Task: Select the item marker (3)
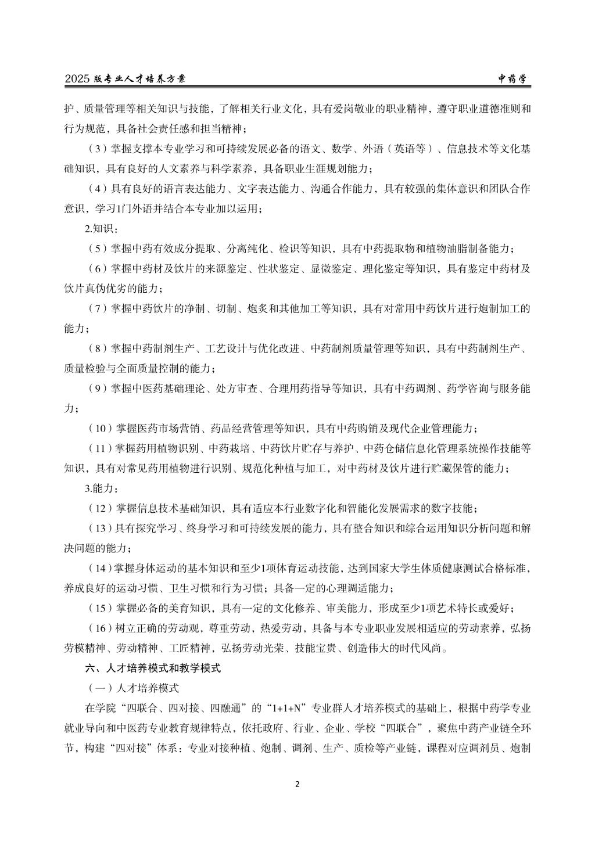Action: pyautogui.click(x=96, y=149)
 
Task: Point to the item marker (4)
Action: pyautogui.click(x=96, y=189)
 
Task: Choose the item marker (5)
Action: pyautogui.click(x=96, y=249)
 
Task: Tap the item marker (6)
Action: pyautogui.click(x=96, y=269)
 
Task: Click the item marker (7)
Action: pyautogui.click(x=96, y=309)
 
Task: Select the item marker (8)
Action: pyautogui.click(x=96, y=348)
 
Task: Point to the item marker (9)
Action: pyautogui.click(x=96, y=389)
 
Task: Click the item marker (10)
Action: pyautogui.click(x=99, y=429)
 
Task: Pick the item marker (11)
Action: pyautogui.click(x=99, y=449)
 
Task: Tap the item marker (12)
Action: pyautogui.click(x=99, y=509)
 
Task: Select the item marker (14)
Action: pyautogui.click(x=99, y=569)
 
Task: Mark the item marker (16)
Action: pyautogui.click(x=99, y=628)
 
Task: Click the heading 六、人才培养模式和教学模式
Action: pyautogui.click(x=153, y=669)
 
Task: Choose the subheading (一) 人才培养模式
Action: pyautogui.click(x=133, y=688)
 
